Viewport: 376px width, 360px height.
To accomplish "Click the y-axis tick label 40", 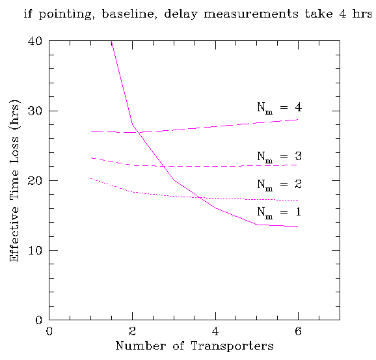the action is point(35,41).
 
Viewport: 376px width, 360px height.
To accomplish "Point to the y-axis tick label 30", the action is point(35,111).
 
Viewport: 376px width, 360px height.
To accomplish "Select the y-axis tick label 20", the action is point(35,180).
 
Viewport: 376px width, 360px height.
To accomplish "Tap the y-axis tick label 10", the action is point(35,251).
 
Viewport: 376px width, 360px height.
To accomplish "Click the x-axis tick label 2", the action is point(132,331).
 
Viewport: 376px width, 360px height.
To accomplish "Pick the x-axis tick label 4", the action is point(215,331).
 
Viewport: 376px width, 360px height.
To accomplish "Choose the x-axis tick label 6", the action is point(298,331).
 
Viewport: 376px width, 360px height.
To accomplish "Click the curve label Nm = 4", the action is point(279,107).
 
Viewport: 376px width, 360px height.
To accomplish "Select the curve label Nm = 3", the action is point(279,157).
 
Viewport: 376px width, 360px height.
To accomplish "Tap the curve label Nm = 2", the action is point(279,185).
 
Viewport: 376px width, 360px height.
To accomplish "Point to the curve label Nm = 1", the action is point(279,212).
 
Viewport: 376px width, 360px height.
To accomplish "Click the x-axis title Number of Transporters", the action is point(195,346).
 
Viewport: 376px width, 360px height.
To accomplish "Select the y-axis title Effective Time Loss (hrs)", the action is point(14,180).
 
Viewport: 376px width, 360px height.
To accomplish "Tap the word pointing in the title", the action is point(65,14).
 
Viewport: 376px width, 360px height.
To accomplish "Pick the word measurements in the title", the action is point(251,14).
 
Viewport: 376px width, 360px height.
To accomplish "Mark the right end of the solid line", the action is point(298,226).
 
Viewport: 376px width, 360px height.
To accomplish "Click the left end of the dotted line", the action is point(91,178).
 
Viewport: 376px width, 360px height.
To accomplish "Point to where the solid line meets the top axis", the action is point(111,41).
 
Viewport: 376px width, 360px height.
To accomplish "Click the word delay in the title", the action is point(181,14).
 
